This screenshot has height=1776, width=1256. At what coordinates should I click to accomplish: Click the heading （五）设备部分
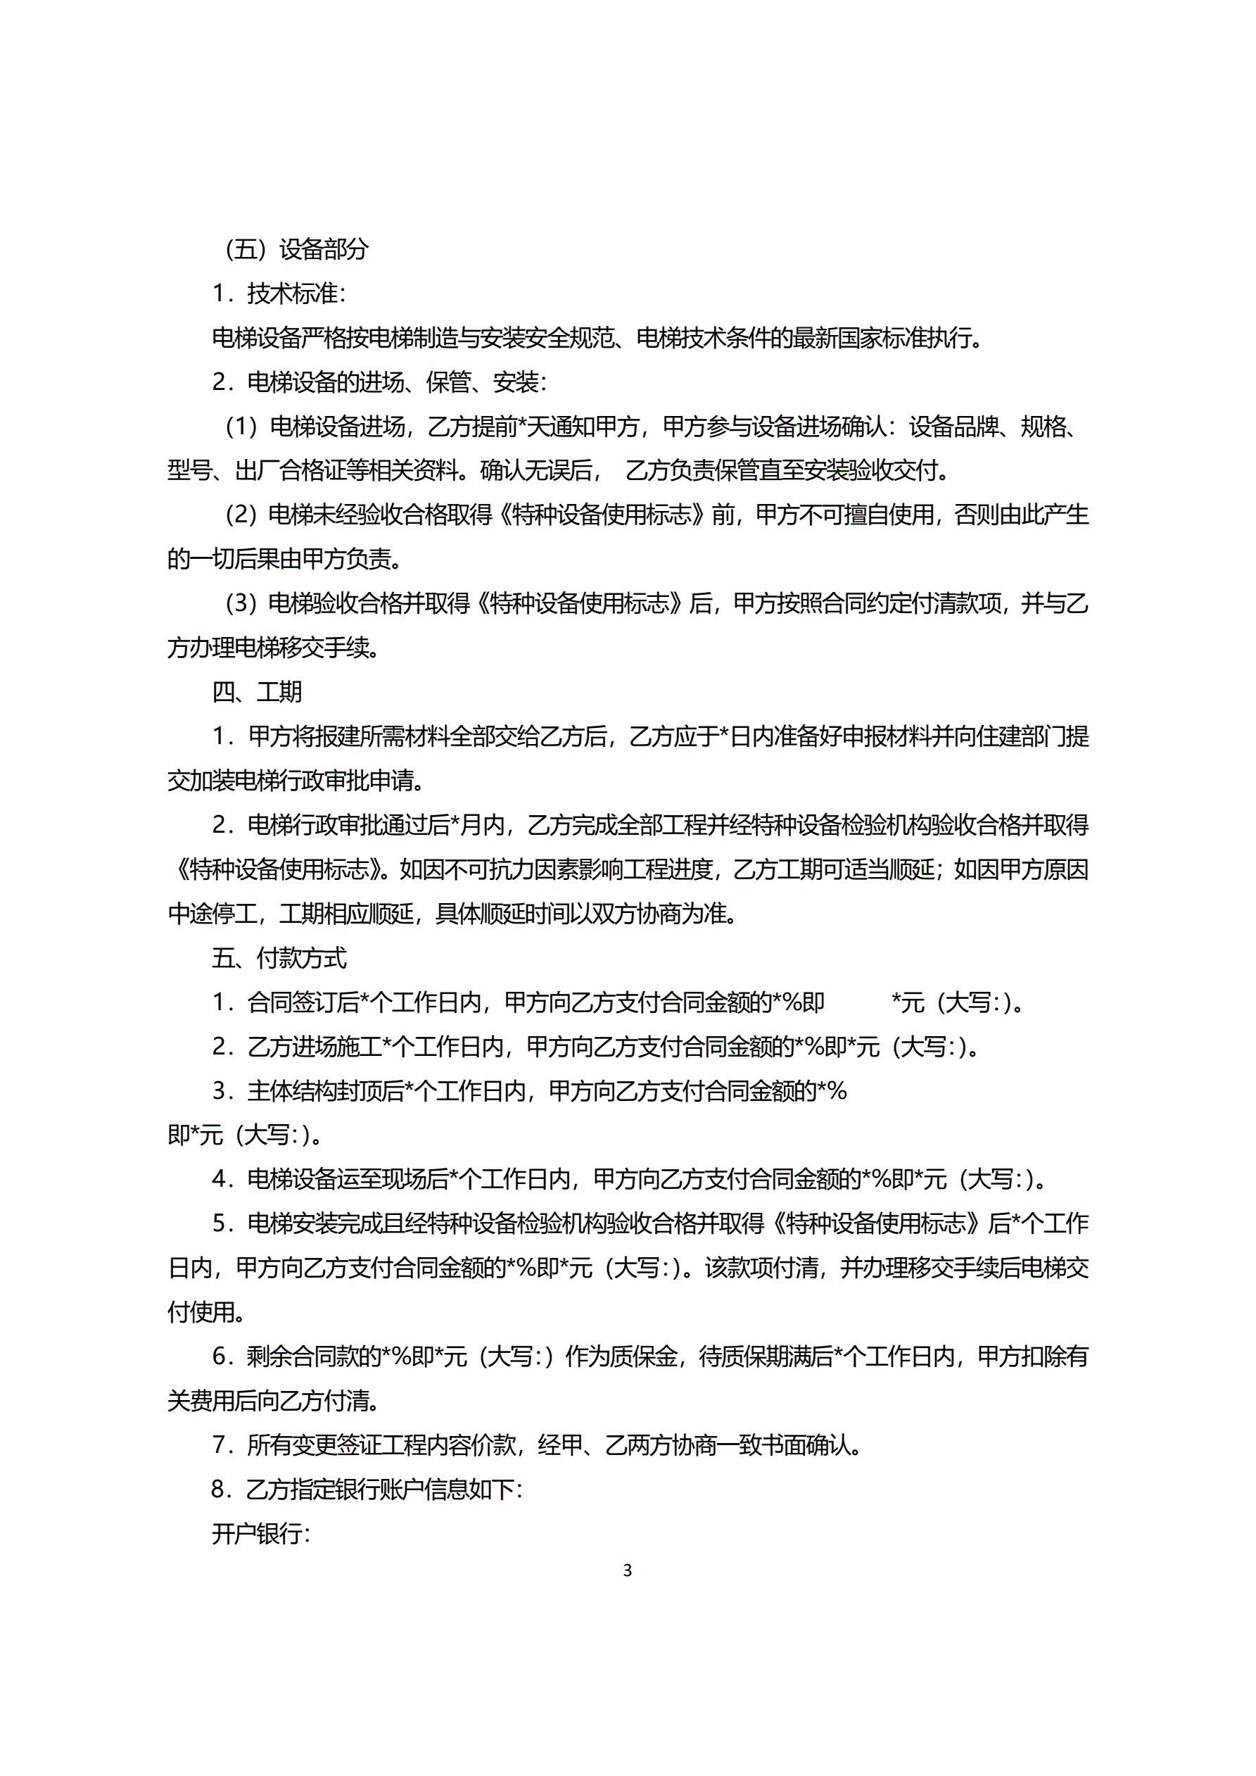(x=296, y=249)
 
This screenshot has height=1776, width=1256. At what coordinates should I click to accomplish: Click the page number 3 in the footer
(x=627, y=1570)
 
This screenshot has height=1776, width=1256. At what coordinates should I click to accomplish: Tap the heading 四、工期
(x=257, y=691)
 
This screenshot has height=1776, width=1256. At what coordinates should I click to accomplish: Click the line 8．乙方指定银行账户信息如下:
(x=367, y=1489)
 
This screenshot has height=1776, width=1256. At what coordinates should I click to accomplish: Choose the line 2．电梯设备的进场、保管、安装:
(x=380, y=382)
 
